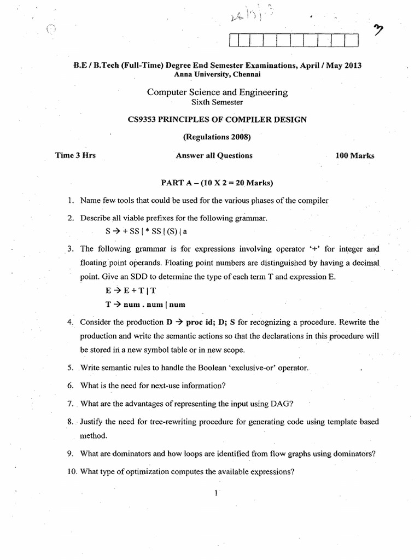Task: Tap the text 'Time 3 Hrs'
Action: (x=75, y=155)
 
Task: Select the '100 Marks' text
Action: (x=354, y=155)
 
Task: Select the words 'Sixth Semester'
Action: (x=217, y=102)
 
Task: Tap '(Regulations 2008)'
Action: (x=217, y=137)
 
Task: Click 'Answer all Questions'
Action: (x=214, y=155)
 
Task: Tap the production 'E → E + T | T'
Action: (x=127, y=290)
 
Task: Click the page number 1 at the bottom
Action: (x=217, y=493)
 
